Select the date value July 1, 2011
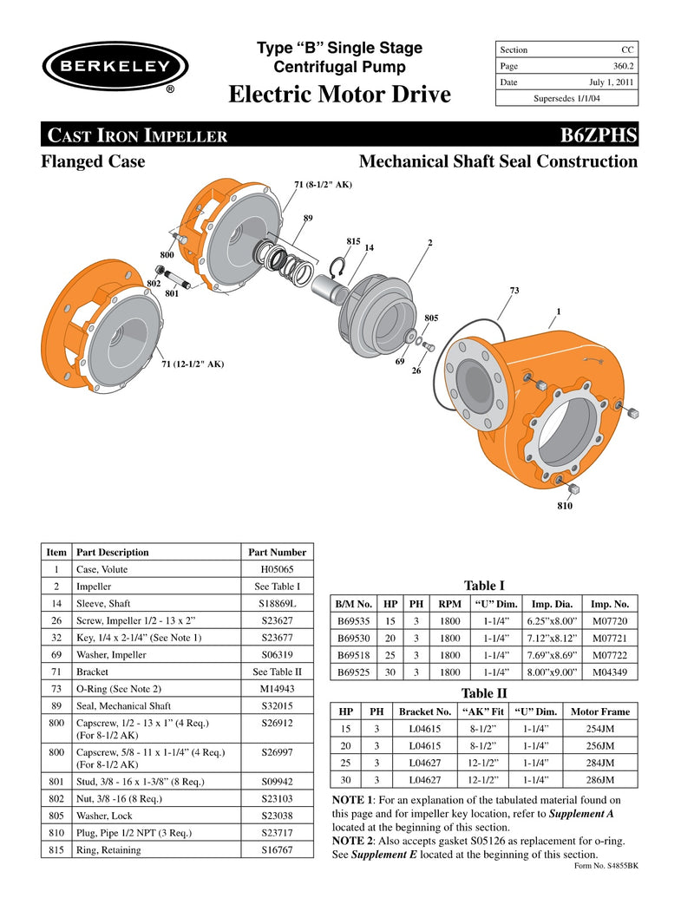613,82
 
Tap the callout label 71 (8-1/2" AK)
323,185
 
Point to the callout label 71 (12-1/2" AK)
193,364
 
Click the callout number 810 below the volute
565,505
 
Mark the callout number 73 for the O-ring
514,290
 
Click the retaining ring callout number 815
353,240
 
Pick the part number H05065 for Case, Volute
276,569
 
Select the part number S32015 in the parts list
277,705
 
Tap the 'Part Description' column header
113,552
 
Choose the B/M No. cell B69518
354,655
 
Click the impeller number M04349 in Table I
610,672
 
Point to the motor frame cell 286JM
599,780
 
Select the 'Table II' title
484,692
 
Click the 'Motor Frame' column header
599,711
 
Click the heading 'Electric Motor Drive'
339,94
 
